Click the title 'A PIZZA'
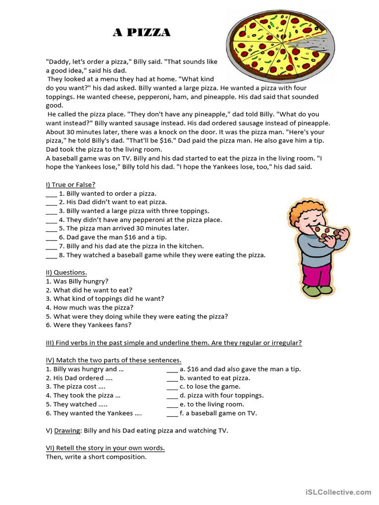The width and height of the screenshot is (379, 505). [142, 33]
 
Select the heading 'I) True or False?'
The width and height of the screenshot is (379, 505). [71, 184]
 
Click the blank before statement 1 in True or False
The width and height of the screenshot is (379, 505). [51, 194]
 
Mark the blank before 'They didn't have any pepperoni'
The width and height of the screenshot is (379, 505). [51, 220]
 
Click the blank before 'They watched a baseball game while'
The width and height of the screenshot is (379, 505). [51, 255]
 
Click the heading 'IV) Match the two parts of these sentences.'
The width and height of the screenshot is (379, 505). [114, 360]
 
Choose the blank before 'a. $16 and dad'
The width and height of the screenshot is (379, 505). [172, 369]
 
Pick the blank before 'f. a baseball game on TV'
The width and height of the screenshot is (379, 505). [172, 413]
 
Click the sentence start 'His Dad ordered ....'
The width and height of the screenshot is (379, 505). [79, 378]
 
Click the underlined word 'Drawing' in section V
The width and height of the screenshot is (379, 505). [67, 431]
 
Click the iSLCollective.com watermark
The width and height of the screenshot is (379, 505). [338, 492]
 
